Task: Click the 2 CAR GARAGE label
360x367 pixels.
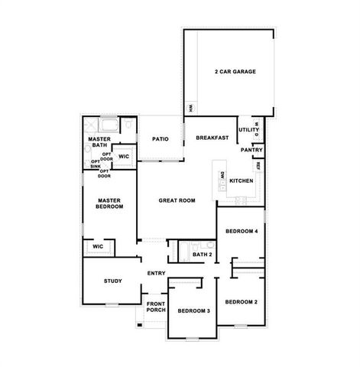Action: click(x=235, y=72)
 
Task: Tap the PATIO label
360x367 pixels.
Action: click(x=159, y=138)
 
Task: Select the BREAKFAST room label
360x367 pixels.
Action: click(x=212, y=138)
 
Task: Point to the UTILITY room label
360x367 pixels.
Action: click(x=248, y=131)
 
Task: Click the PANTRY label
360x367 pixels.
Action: click(x=251, y=150)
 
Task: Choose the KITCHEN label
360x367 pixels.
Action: click(x=241, y=180)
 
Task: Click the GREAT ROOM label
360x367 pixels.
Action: click(x=176, y=200)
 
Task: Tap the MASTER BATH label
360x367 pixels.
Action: click(x=100, y=142)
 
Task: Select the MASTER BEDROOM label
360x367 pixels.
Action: click(x=105, y=203)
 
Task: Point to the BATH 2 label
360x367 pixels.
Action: click(x=202, y=255)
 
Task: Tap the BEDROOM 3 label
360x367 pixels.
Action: click(x=193, y=310)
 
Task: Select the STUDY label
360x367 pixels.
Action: click(x=112, y=281)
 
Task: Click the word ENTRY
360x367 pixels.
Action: click(x=156, y=273)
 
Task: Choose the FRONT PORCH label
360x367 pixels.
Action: click(x=156, y=307)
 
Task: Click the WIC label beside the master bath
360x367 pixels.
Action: click(x=123, y=156)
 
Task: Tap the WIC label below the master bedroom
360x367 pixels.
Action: click(x=98, y=247)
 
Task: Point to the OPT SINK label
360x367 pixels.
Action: click(x=96, y=164)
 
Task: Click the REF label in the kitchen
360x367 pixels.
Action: click(x=258, y=165)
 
